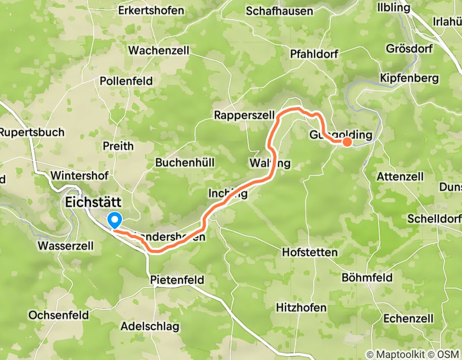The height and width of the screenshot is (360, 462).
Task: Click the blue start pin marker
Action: pyautogui.click(x=115, y=221)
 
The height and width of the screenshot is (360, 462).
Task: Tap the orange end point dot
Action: pyautogui.click(x=347, y=142)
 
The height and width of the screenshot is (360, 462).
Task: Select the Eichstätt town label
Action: pyautogui.click(x=94, y=203)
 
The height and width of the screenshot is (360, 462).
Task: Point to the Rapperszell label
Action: pyautogui.click(x=244, y=115)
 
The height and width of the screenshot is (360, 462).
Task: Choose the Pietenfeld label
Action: pyautogui.click(x=177, y=280)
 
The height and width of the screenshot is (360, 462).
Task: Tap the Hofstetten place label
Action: pyautogui.click(x=310, y=253)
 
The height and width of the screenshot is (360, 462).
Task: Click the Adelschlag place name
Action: pyautogui.click(x=150, y=326)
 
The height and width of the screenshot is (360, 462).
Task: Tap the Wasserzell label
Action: pyautogui.click(x=66, y=246)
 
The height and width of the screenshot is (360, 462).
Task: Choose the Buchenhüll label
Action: pyautogui.click(x=185, y=163)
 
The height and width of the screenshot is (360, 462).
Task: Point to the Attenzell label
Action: pyautogui.click(x=400, y=176)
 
